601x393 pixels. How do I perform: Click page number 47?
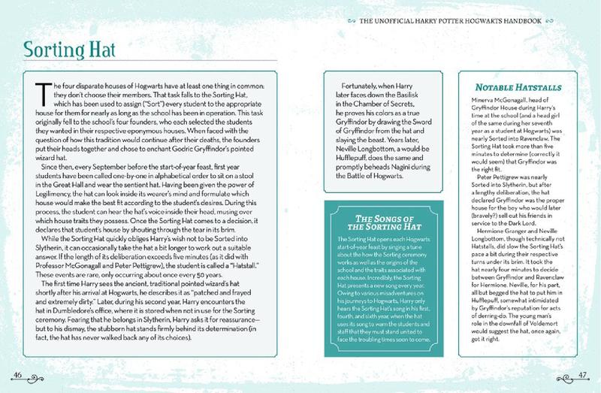click(x=584, y=374)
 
